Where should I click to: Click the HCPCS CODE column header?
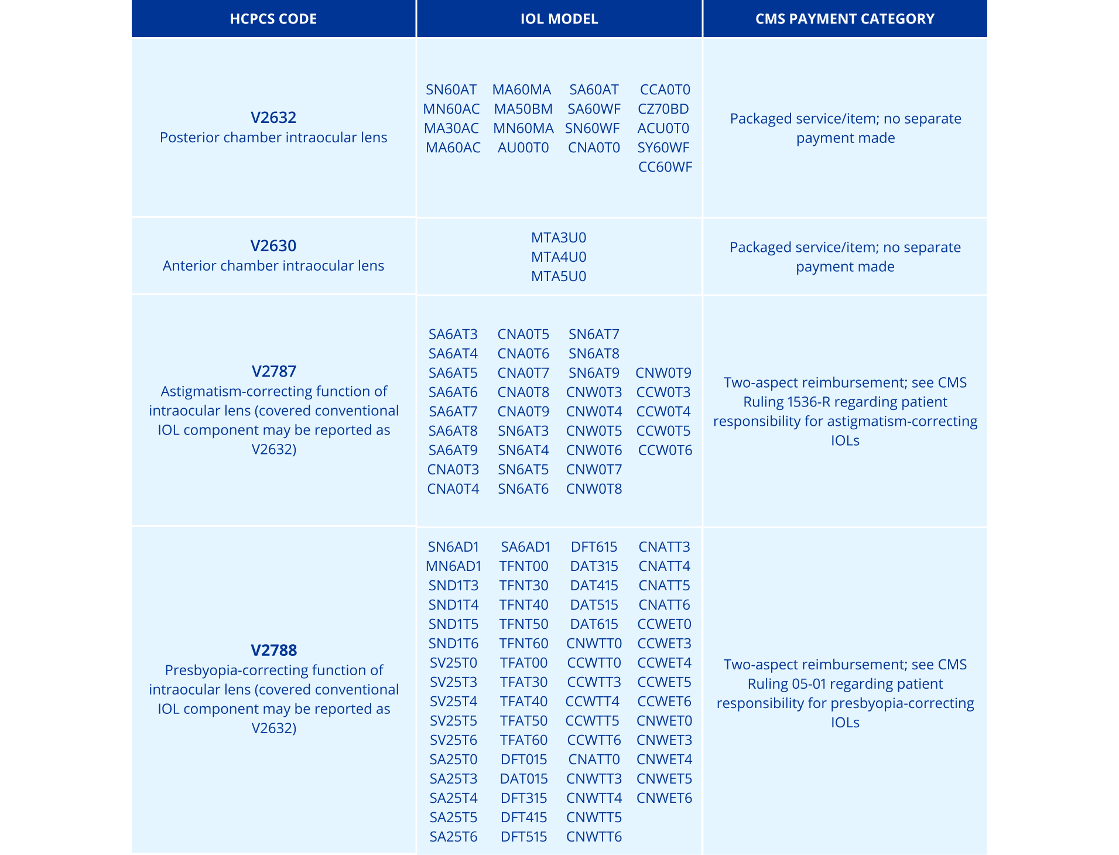click(x=273, y=19)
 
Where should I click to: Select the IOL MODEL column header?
click(x=559, y=19)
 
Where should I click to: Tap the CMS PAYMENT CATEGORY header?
click(x=844, y=19)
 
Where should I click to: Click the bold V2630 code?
click(x=273, y=245)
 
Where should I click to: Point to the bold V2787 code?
click(x=273, y=371)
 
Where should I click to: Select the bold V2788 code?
click(x=273, y=650)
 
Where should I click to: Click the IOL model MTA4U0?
click(x=559, y=257)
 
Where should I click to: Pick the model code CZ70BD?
click(x=663, y=109)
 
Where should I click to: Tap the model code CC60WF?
click(x=665, y=167)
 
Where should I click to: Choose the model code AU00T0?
click(x=523, y=148)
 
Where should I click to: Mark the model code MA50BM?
click(x=523, y=109)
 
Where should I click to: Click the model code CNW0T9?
click(x=663, y=373)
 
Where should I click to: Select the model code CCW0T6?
click(x=665, y=450)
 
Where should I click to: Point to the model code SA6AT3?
click(x=453, y=334)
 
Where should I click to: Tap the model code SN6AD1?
click(x=453, y=547)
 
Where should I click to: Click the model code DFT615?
click(x=594, y=547)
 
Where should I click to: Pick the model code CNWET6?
click(x=664, y=798)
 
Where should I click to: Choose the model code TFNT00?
click(x=523, y=566)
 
